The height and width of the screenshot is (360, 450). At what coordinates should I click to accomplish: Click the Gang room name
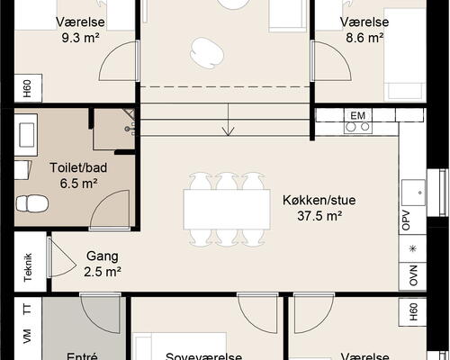tap(103, 256)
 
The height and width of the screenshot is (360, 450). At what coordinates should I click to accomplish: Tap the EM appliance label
tap(357, 115)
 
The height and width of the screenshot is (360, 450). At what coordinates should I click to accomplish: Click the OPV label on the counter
tap(414, 221)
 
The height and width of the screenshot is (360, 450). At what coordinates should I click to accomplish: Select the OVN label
tap(414, 274)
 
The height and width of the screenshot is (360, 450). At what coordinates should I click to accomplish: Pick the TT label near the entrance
tap(27, 309)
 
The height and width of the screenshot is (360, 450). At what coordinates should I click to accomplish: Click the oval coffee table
tap(207, 54)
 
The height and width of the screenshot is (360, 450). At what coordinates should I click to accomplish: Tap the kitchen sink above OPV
tap(413, 190)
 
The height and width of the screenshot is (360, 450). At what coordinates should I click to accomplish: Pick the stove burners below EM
tap(357, 127)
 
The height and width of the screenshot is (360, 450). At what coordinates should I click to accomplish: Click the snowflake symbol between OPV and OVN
tap(414, 248)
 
